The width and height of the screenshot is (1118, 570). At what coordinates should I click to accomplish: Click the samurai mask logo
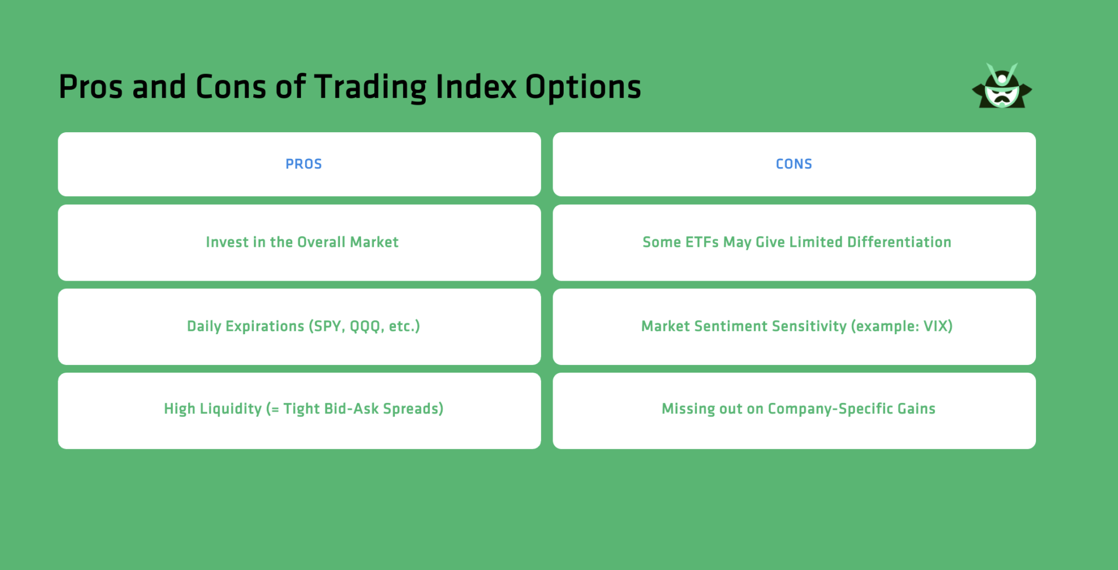click(x=1002, y=86)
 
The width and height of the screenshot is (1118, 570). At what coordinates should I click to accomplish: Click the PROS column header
click(x=303, y=164)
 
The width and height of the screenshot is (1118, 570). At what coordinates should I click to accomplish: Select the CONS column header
click(x=794, y=164)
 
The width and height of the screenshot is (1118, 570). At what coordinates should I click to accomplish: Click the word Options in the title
click(x=583, y=87)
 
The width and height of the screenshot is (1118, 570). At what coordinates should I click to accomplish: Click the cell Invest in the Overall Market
click(x=299, y=242)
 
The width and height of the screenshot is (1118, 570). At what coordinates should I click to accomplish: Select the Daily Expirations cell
click(x=299, y=327)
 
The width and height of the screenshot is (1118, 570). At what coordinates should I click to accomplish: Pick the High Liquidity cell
click(x=299, y=410)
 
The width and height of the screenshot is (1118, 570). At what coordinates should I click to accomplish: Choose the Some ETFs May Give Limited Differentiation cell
click(x=794, y=242)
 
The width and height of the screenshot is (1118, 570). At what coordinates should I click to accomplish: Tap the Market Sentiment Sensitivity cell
click(x=794, y=327)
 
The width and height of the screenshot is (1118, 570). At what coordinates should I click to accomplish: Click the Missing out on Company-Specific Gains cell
click(x=794, y=410)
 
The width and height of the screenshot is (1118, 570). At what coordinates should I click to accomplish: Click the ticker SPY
click(x=328, y=326)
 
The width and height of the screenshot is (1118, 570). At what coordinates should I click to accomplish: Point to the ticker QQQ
click(x=366, y=327)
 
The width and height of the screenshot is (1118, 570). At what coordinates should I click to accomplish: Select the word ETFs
click(x=702, y=242)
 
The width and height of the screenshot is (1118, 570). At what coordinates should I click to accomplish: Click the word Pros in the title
click(x=91, y=87)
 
